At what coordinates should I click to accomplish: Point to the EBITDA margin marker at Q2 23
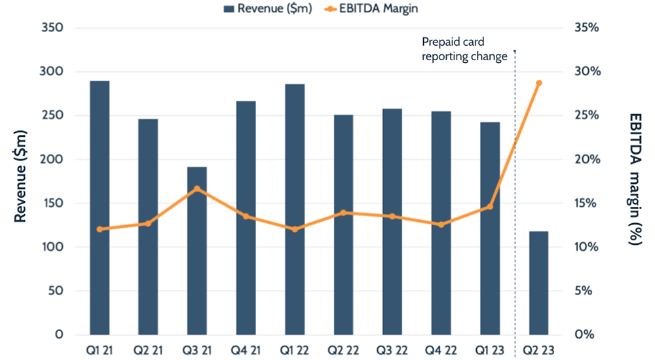(x=538, y=83)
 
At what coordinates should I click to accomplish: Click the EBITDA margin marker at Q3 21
(x=196, y=189)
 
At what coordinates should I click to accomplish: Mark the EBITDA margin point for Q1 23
(x=490, y=206)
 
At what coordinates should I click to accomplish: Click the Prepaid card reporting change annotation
(x=464, y=49)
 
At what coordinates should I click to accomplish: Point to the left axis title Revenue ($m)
(x=20, y=181)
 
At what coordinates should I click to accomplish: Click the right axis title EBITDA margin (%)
(x=634, y=178)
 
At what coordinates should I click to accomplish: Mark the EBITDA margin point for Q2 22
(x=343, y=213)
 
